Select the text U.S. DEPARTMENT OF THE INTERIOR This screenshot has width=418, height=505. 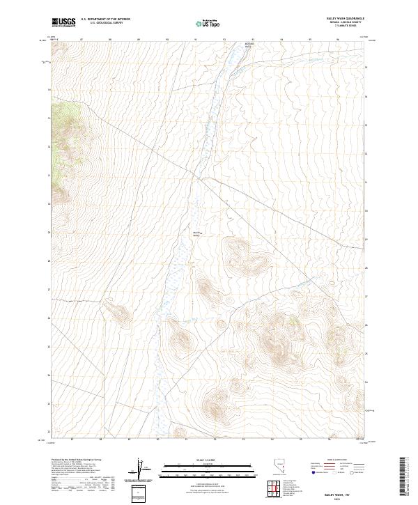point(105,20)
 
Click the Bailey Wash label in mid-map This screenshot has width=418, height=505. point(196,233)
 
